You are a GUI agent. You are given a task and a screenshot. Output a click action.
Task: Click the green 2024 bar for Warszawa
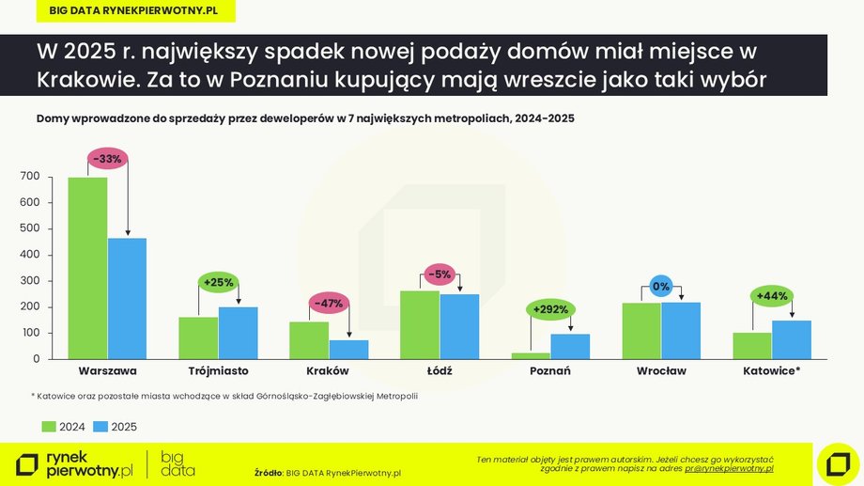87,268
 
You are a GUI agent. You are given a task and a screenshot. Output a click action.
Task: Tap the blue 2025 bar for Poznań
570,346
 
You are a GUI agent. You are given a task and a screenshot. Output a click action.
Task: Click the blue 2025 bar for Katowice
792,339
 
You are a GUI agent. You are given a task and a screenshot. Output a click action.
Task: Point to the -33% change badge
107,159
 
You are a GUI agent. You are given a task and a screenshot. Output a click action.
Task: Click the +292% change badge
550,308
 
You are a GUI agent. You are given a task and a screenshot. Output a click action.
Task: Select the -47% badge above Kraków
329,303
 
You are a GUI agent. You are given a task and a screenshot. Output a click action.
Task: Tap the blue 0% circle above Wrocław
661,286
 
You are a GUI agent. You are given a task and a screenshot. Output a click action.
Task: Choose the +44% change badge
772,295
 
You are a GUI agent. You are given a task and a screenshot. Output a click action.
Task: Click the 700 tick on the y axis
30,177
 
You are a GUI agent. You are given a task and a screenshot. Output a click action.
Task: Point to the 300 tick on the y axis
30,281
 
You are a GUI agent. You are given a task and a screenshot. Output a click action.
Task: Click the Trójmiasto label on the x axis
218,371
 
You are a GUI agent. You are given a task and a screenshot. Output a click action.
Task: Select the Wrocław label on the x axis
661,371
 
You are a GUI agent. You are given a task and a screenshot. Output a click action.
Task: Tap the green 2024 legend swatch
49,427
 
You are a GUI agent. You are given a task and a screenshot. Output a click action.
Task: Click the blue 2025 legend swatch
100,427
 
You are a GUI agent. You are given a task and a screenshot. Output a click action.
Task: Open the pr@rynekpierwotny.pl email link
729,467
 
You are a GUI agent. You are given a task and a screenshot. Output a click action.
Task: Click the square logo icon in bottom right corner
835,462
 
